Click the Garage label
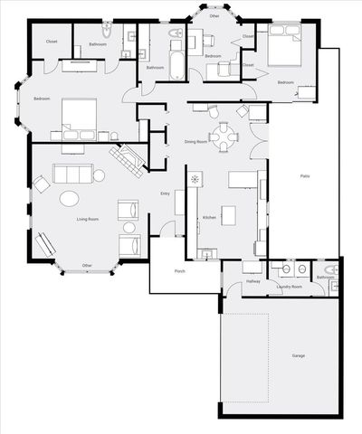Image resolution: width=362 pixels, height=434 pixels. click(299, 356)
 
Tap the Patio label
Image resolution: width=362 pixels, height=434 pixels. click(308, 177)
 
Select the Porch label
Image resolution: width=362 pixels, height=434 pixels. click(180, 271)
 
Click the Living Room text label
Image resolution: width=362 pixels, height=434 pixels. click(87, 220)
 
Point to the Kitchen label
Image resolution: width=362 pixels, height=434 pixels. click(208, 219)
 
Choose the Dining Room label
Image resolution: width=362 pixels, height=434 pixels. click(196, 142)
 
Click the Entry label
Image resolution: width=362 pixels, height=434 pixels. click(165, 193)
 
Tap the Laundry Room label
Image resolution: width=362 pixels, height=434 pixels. click(290, 287)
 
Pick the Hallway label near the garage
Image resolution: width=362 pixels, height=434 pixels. click(253, 282)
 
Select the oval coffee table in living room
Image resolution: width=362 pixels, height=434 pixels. click(69, 199)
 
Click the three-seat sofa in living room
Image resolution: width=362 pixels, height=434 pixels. click(71, 175)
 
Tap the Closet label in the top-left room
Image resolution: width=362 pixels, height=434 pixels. click(52, 42)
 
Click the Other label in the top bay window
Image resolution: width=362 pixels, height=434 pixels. click(214, 16)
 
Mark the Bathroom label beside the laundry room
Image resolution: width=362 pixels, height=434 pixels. click(327, 278)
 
